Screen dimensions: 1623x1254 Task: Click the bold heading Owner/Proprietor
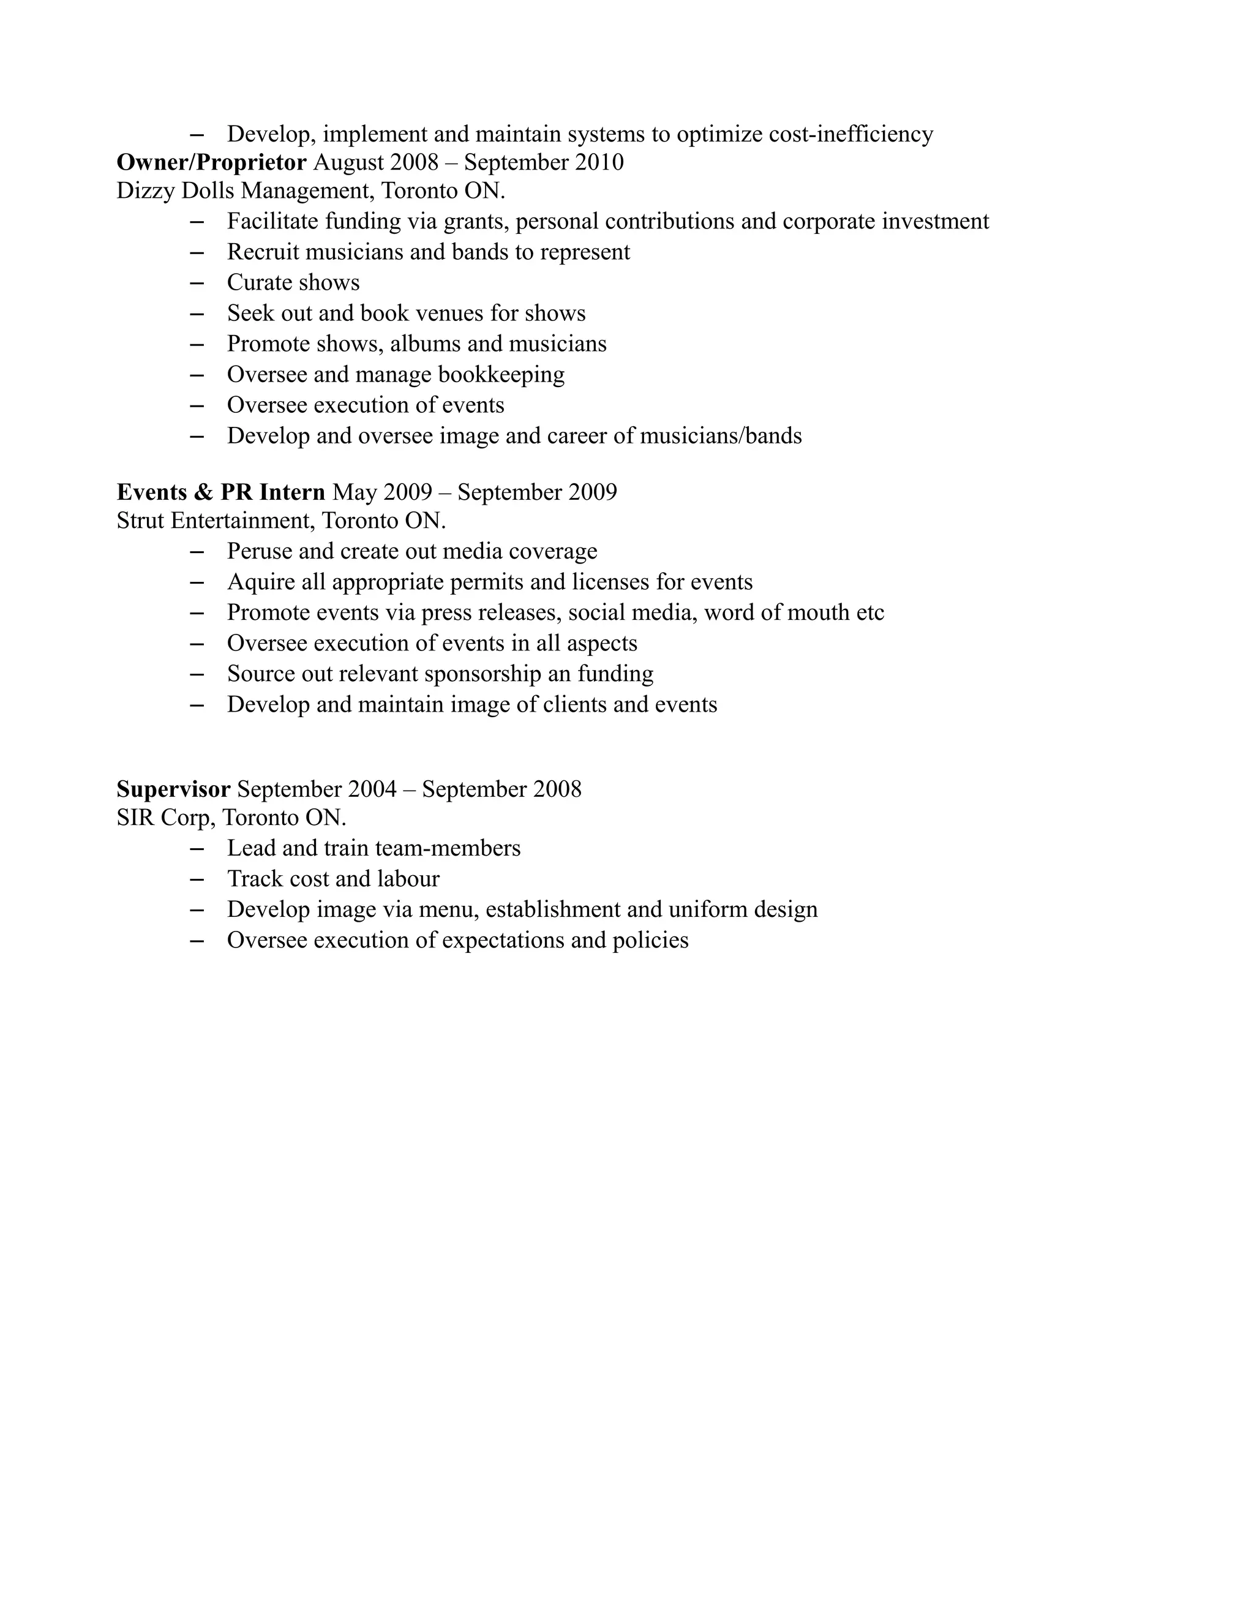coord(211,162)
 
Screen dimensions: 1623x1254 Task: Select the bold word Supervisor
coord(173,788)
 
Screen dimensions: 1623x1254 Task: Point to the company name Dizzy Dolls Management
coord(244,191)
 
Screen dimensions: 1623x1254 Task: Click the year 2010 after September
coord(599,162)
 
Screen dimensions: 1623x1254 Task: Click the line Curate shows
coord(293,282)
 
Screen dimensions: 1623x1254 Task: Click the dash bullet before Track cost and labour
coord(197,879)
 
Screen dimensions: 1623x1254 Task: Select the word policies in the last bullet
coord(650,940)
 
